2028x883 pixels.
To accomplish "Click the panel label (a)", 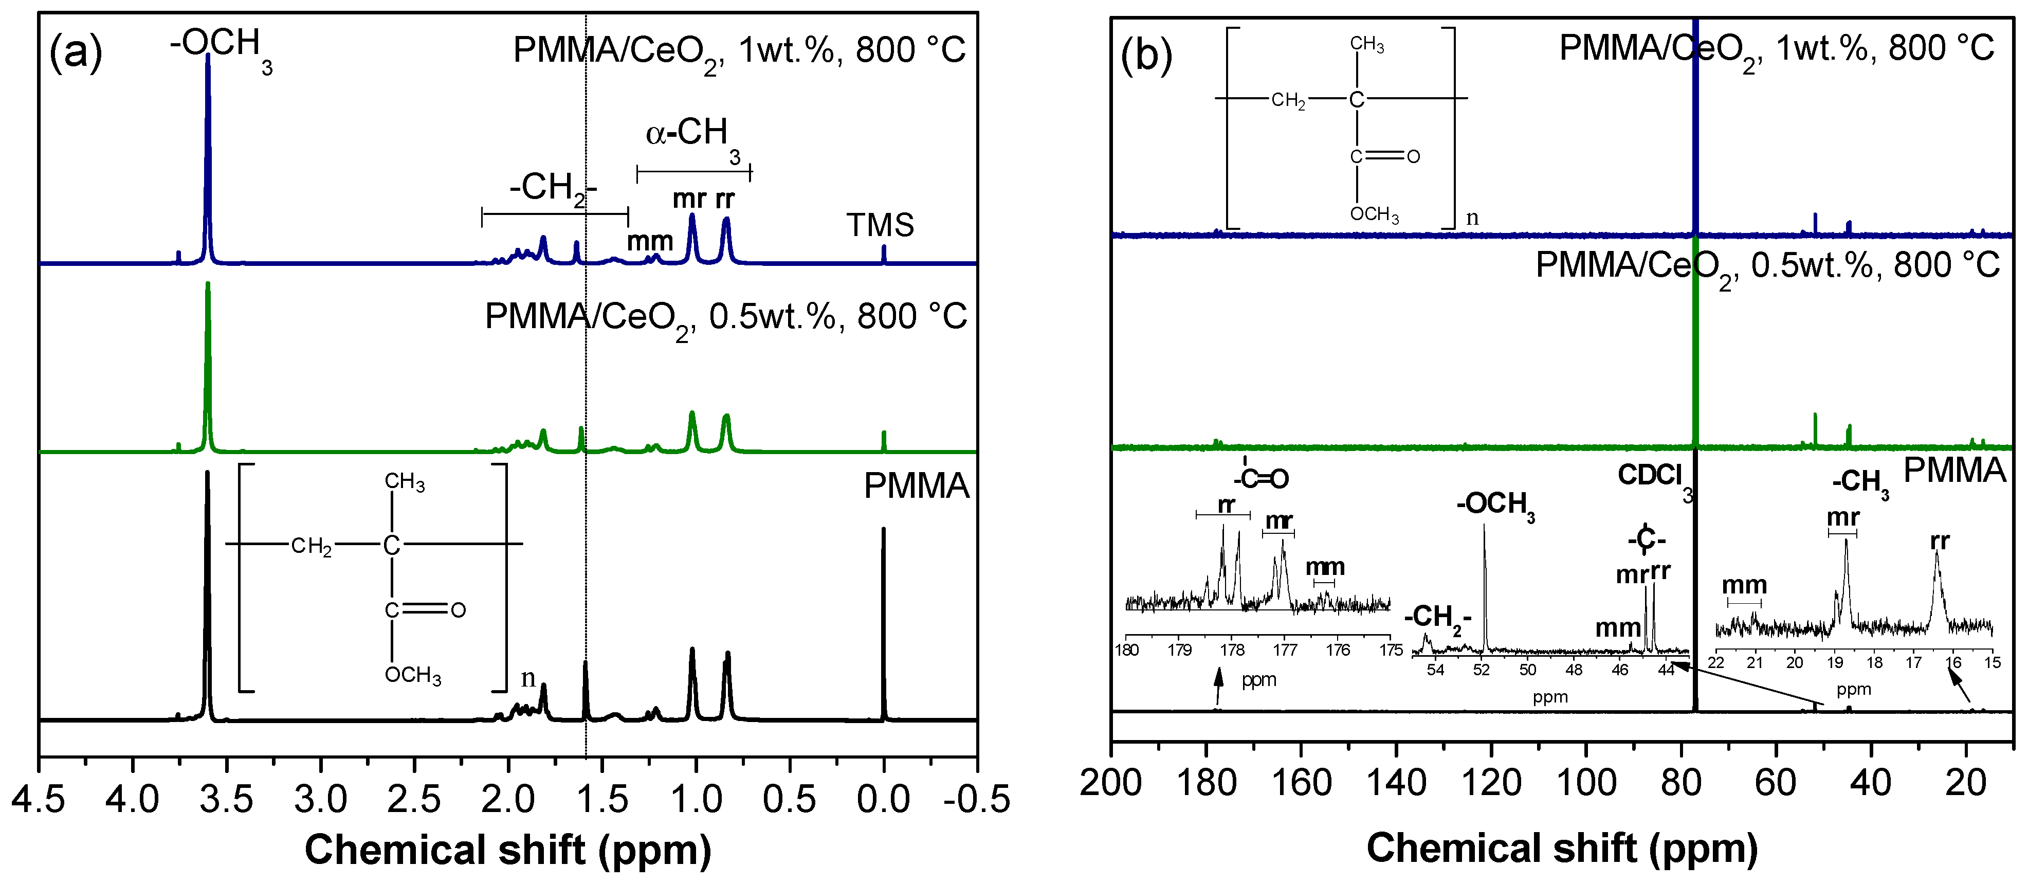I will click(76, 53).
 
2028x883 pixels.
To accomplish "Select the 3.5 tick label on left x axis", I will click(226, 800).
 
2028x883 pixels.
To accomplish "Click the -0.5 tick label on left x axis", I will click(976, 800).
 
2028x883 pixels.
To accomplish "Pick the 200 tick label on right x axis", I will click(1111, 783).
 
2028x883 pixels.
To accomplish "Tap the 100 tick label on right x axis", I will click(1585, 783).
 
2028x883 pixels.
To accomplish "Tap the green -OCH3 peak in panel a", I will click(208, 354).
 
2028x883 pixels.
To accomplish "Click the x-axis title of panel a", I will click(508, 849).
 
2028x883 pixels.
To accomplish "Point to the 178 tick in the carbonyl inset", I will click(1232, 650).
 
